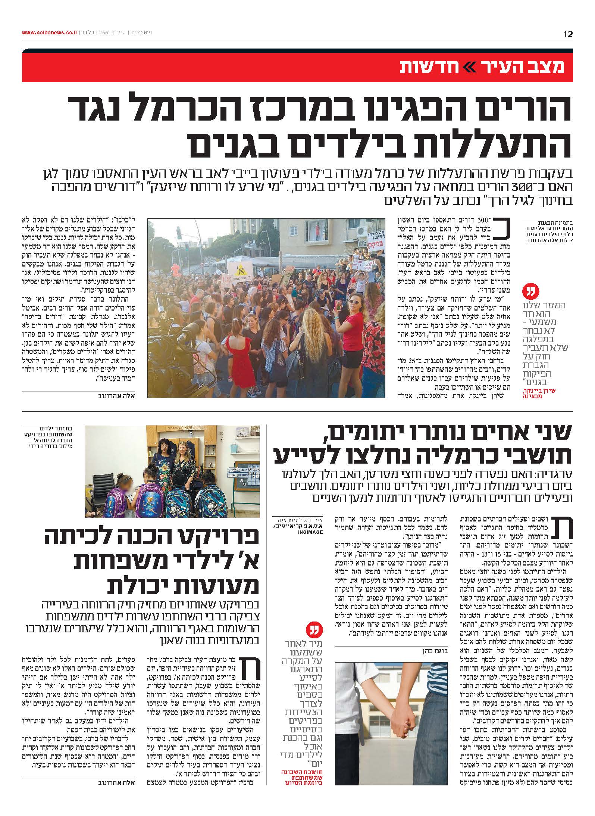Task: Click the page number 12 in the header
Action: pos(568,34)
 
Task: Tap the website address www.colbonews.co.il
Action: pos(49,33)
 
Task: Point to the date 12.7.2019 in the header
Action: pos(141,33)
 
